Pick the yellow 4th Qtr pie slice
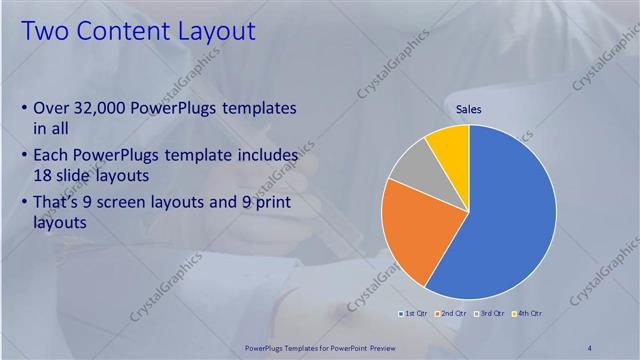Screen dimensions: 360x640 point(448,145)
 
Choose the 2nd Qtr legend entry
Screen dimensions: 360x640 point(452,314)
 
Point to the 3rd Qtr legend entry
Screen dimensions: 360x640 point(490,314)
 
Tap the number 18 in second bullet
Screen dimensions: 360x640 point(43,174)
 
